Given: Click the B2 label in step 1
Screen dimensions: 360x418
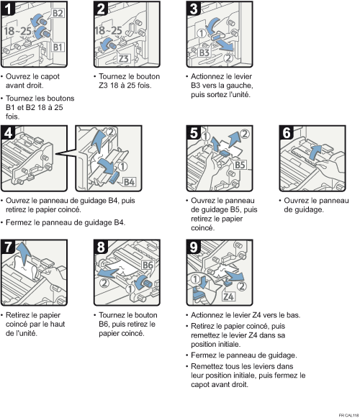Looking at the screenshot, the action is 58,13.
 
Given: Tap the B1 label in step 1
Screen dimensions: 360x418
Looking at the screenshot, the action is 58,47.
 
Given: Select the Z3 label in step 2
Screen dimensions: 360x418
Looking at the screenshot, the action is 123,58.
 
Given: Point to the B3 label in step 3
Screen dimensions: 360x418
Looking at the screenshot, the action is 204,53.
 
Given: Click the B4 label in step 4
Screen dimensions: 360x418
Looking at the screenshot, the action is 129,182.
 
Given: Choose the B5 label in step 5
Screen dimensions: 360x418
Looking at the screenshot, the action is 240,165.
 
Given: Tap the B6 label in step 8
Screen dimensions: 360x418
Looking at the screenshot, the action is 148,265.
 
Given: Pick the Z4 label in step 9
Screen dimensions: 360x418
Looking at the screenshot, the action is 229,296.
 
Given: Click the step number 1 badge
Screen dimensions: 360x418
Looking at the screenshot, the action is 8,8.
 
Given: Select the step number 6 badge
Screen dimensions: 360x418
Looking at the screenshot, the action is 287,132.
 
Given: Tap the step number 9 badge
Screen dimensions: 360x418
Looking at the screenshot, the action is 194,247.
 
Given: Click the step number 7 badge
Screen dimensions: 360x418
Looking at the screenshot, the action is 8,247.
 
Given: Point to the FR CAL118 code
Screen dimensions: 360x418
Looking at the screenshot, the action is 348,415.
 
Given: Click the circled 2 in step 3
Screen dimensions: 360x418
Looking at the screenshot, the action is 228,58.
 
